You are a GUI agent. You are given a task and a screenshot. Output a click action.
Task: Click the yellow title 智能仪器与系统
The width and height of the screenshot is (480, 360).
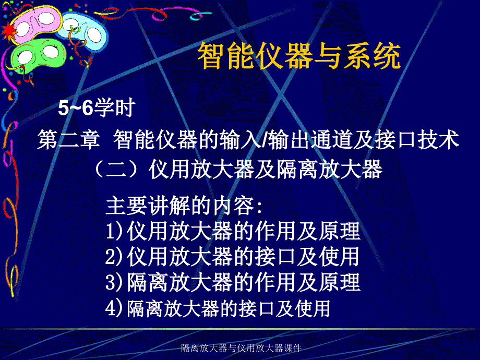[298, 57]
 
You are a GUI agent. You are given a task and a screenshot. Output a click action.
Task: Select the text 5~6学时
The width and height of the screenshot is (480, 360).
[97, 109]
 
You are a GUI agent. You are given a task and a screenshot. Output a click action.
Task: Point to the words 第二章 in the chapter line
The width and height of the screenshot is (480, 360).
[69, 140]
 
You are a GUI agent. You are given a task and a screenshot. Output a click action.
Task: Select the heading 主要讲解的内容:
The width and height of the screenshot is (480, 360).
[185, 206]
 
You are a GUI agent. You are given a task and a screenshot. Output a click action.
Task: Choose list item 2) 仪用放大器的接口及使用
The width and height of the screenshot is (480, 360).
[232, 257]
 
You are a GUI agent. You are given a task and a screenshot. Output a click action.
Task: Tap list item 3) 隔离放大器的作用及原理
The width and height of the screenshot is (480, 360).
[233, 282]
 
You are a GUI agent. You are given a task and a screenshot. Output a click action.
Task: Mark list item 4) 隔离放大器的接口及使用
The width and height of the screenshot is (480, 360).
[218, 308]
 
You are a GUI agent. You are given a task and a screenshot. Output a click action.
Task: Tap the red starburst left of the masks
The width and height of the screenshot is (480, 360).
[8, 33]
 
